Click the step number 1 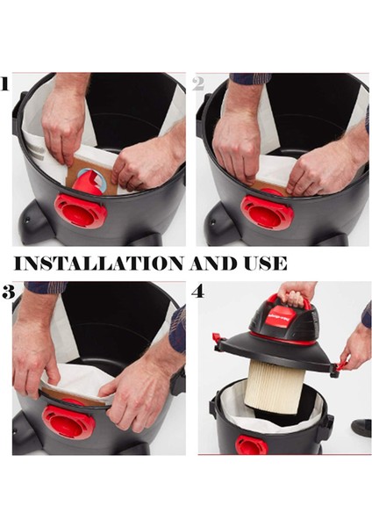tap(5, 85)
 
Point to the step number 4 tap(198, 292)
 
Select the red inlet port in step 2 tap(266, 212)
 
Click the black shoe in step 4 tap(361, 427)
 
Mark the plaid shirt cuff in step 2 tap(251, 78)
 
